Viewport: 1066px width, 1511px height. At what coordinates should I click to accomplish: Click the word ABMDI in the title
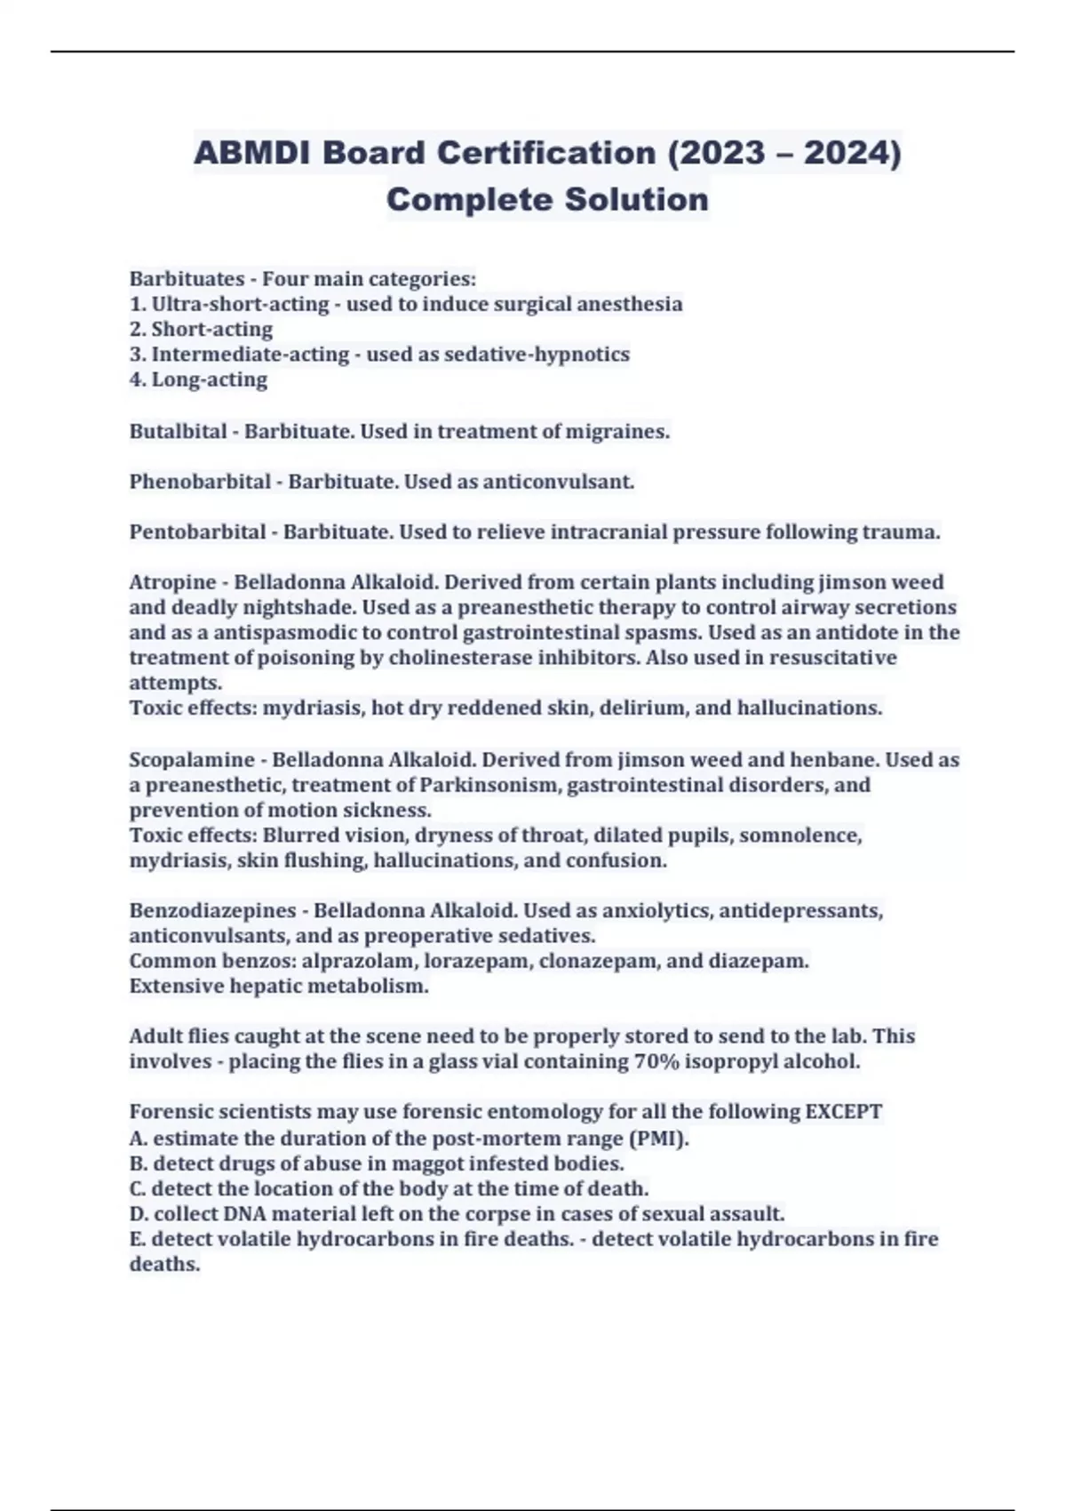[x=251, y=153]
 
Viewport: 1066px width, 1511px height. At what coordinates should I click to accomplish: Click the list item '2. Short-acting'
[x=201, y=329]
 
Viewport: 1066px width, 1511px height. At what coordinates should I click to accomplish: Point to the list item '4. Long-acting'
[x=198, y=380]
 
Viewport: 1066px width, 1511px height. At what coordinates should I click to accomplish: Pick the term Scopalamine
[x=192, y=760]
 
